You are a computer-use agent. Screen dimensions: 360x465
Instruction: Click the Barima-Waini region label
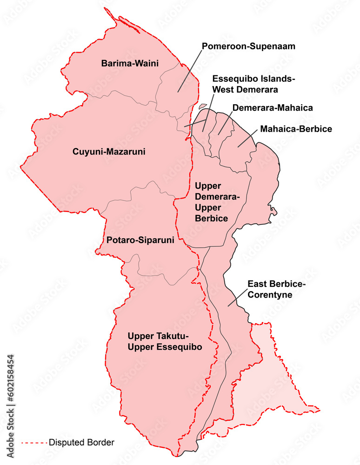click(x=130, y=63)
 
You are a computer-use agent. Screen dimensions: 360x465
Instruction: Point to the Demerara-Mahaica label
click(x=272, y=108)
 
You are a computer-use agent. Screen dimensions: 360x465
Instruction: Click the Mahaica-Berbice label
click(x=296, y=129)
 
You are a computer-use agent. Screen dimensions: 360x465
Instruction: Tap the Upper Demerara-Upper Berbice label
click(x=217, y=202)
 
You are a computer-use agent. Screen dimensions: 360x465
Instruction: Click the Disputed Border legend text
click(x=81, y=442)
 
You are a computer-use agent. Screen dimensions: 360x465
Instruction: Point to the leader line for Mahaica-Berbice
click(x=247, y=138)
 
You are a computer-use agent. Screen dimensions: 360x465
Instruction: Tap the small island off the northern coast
click(x=202, y=106)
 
